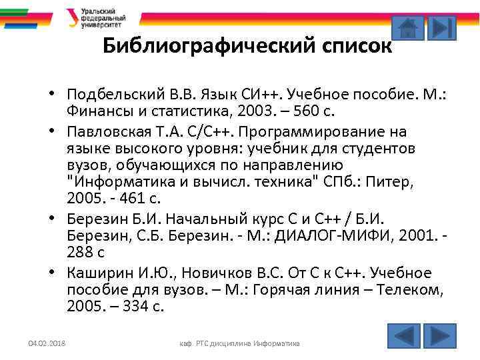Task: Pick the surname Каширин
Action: pyautogui.click(x=94, y=273)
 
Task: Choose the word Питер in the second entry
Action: pyautogui.click(x=415, y=182)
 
